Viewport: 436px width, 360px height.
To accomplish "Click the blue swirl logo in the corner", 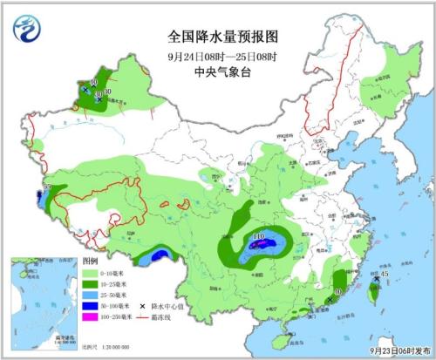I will click(27, 29).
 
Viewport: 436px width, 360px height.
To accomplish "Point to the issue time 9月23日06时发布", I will click(399, 350).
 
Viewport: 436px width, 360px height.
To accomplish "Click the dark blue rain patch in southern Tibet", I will click(160, 255).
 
